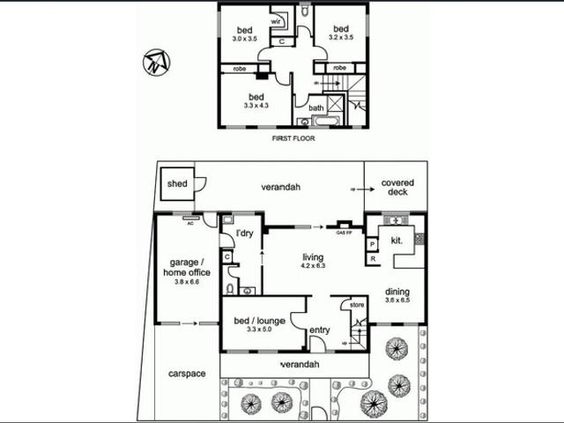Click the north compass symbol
[157, 62]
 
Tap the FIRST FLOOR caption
[290, 138]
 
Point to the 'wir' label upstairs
[275, 19]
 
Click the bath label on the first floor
[316, 108]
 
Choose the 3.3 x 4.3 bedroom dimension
[256, 106]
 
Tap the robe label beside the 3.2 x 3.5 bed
[339, 67]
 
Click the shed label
[175, 183]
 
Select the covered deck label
[397, 188]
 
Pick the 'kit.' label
[397, 240]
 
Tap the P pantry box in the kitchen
[373, 243]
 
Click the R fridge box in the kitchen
[373, 259]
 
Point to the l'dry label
[244, 234]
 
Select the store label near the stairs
[356, 306]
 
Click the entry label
[319, 330]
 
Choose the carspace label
[186, 374]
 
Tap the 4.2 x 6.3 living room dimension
[313, 265]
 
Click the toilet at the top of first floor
[305, 14]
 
